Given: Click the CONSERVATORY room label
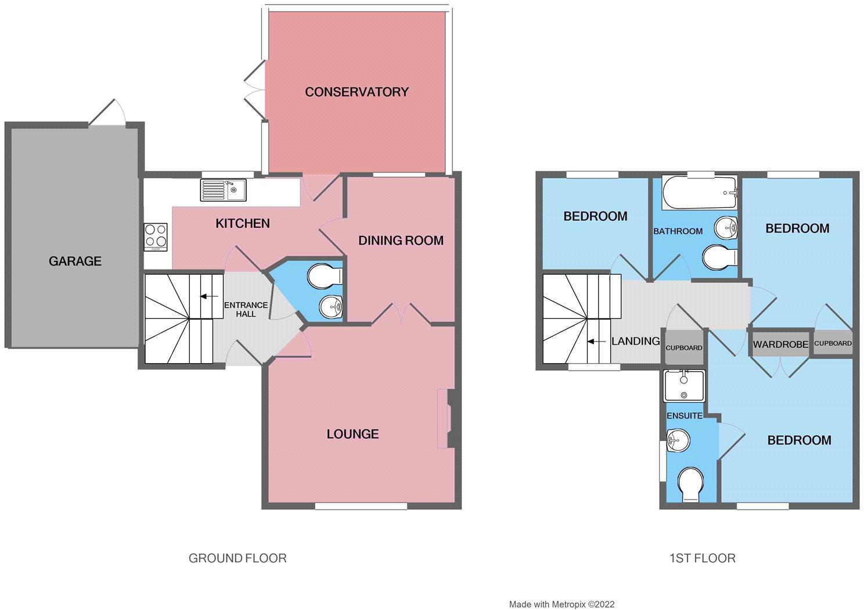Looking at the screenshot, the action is [357, 92].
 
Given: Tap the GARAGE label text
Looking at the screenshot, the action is [75, 261].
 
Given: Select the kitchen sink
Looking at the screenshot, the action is [224, 190].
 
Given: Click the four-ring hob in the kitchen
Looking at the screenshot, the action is [156, 237].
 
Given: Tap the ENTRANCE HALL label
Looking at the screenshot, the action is [246, 310].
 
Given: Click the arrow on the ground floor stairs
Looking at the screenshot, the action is [208, 296].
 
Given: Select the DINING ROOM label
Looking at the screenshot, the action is [401, 241].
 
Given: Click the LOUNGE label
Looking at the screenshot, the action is [352, 434].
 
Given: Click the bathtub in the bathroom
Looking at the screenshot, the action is [700, 192].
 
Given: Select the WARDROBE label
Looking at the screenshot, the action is [780, 344].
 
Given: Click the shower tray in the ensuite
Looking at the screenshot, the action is [684, 386].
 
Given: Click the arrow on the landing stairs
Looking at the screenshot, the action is [596, 342].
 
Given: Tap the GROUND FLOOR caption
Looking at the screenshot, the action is [237, 558].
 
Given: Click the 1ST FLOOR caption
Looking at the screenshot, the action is [703, 558].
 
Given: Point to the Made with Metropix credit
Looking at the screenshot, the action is [561, 604].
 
